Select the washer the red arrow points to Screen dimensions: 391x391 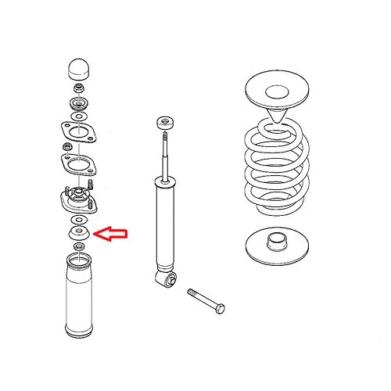click(x=79, y=233)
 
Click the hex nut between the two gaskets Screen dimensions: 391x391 click(x=68, y=146)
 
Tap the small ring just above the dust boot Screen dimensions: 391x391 click(x=78, y=248)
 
